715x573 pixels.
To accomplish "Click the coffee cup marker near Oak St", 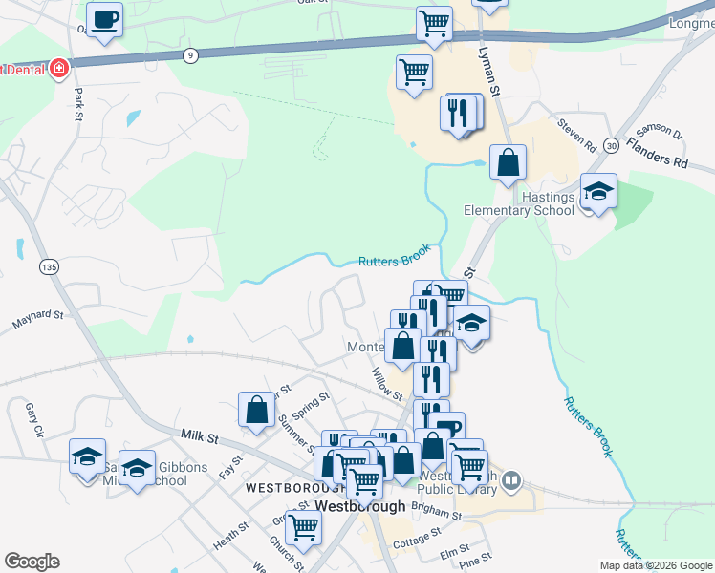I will (x=104, y=18).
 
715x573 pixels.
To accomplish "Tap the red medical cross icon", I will (x=59, y=69).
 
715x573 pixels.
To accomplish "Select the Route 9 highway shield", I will (x=192, y=55).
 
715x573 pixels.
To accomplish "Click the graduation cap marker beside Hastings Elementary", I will (x=598, y=191).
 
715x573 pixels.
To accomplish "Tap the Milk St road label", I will (x=201, y=436).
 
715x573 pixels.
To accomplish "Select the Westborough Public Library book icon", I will (x=511, y=478).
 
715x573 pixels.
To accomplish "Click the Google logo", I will (x=32, y=562).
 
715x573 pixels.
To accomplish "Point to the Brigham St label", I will (x=439, y=515).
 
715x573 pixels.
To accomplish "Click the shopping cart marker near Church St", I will (x=303, y=525).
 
